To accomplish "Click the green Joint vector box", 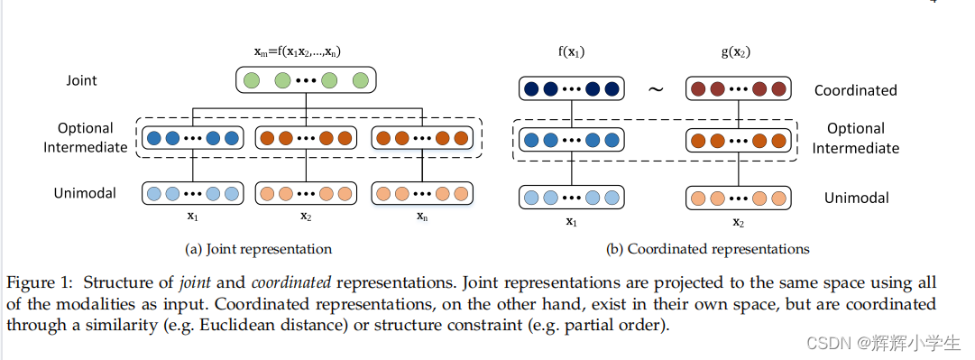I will click(x=306, y=81).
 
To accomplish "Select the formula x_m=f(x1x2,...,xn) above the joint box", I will click(x=306, y=52).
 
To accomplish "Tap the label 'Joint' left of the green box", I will click(x=81, y=80).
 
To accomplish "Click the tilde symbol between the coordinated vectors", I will click(x=655, y=89).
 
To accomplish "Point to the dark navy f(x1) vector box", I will click(x=571, y=89).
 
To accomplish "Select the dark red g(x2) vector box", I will click(x=739, y=89).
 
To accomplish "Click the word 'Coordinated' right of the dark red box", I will click(x=855, y=90).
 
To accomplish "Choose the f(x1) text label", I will click(x=571, y=52).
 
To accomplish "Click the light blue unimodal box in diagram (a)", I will click(x=192, y=194).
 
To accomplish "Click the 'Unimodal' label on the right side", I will click(x=856, y=198).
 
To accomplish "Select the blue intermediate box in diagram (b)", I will click(x=571, y=141).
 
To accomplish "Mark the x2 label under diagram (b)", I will click(x=738, y=222).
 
